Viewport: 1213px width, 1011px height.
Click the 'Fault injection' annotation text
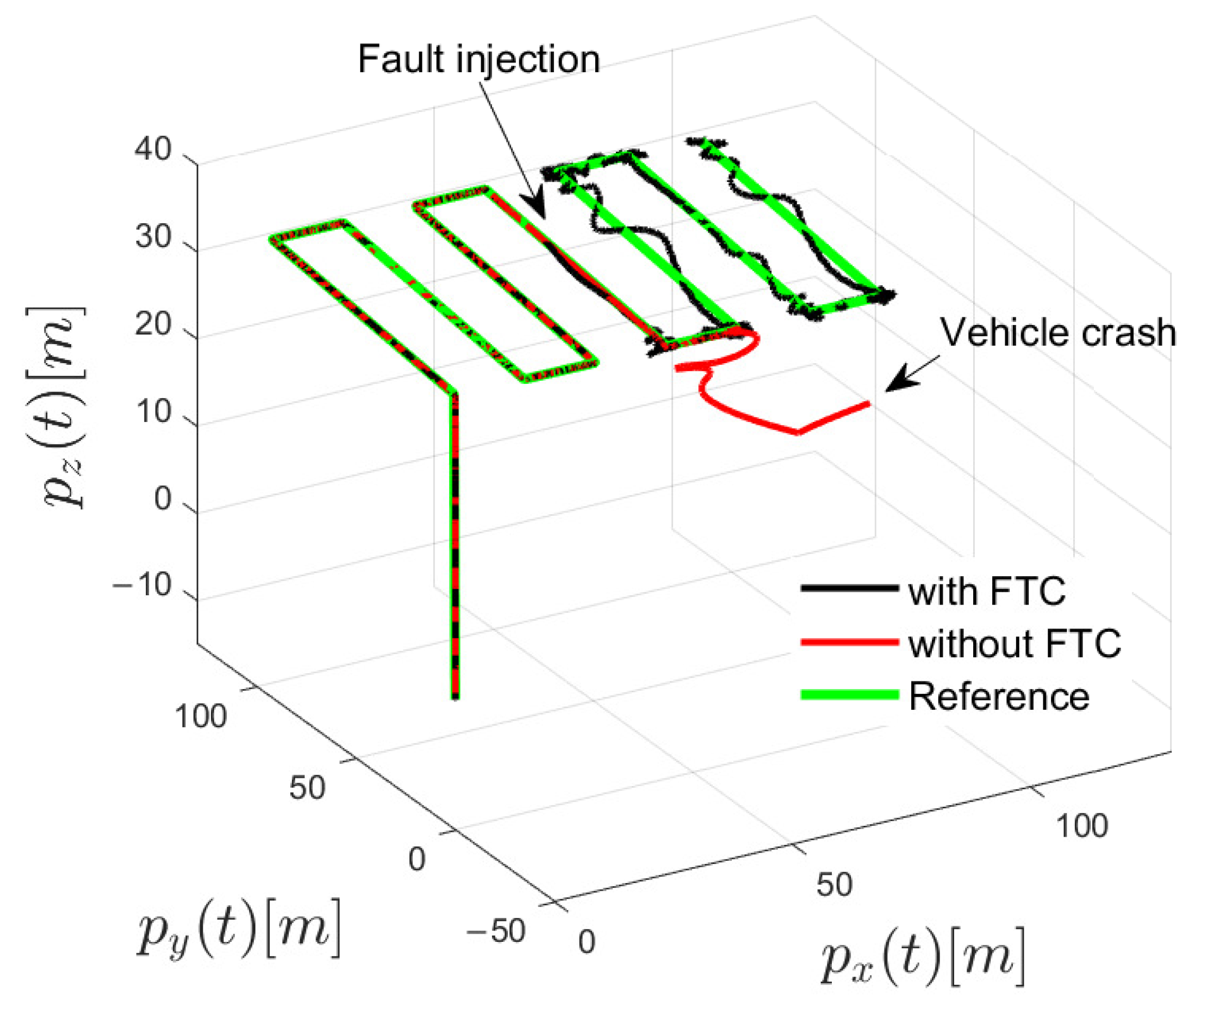479,59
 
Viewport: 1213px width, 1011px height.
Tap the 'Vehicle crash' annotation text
1058,333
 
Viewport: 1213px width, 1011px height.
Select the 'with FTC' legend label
987,592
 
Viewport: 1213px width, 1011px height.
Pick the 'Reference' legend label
999,696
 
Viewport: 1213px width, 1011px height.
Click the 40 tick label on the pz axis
153,150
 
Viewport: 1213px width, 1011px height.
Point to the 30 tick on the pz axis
153,237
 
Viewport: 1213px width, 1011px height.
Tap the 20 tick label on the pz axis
153,324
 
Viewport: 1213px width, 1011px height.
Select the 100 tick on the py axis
201,717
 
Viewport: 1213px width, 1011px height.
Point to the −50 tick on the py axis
496,931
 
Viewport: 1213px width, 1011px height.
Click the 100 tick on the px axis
1082,826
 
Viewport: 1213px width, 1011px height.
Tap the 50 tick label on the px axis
834,885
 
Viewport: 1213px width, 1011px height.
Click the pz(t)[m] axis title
58,407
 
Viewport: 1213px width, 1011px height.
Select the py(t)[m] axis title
239,928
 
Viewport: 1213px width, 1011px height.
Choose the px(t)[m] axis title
923,957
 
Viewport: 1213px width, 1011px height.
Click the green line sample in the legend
849,695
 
